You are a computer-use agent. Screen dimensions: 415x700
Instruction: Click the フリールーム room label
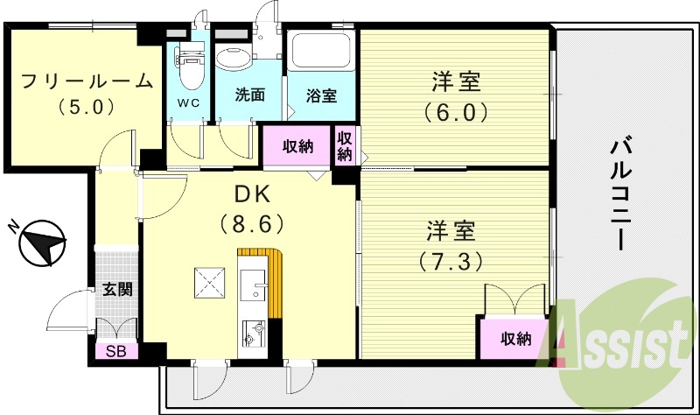pos(87,82)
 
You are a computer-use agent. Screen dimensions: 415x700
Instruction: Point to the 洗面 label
pos(249,95)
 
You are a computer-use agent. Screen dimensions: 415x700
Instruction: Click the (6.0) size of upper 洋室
pos(455,112)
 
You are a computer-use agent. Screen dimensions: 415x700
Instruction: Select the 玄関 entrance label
pos(117,289)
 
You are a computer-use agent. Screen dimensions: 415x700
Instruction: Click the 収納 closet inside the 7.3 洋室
pos(514,339)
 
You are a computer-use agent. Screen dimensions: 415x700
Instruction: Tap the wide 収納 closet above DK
pos(297,146)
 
